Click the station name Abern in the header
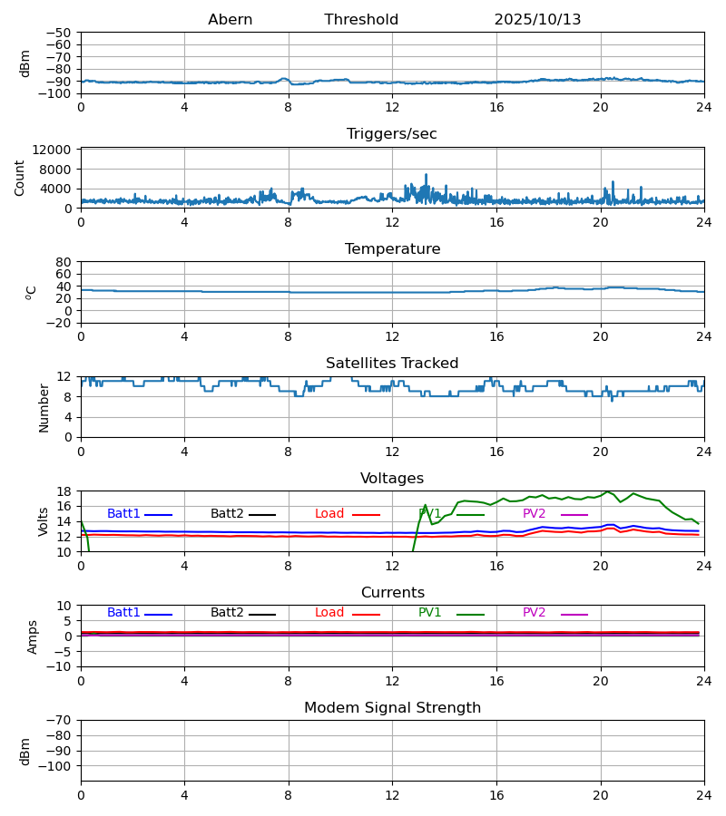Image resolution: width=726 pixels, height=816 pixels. pos(230,20)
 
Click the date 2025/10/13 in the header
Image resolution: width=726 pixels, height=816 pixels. pos(537,20)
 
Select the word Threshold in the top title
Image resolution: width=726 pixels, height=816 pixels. pos(361,20)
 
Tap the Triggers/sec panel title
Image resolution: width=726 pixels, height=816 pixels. pos(392,134)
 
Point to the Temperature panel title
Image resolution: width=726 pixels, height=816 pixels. pos(392,249)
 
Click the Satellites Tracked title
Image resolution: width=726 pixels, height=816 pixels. pos(392,364)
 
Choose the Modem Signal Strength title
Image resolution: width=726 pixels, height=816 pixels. pos(392,708)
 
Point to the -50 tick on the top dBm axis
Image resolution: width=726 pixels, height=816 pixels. pos(63,33)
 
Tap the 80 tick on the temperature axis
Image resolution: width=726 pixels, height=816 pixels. pos(64,262)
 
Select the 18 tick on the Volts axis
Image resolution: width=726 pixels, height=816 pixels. pos(64,491)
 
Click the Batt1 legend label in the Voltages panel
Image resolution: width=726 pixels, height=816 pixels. pos(123,514)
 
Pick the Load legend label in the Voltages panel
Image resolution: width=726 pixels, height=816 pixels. pos(329,514)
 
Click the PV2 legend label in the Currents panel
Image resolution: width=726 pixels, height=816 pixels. pos(534,613)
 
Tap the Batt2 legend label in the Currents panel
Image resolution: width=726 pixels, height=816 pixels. pos(227,613)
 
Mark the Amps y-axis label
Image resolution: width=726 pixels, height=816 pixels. pos(33,636)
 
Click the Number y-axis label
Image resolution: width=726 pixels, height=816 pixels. pos(44,407)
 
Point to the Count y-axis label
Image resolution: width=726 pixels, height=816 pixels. pos(20,178)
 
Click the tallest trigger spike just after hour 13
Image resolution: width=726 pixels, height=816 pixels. pos(426,175)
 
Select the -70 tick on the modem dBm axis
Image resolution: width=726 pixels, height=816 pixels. pos(63,721)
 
